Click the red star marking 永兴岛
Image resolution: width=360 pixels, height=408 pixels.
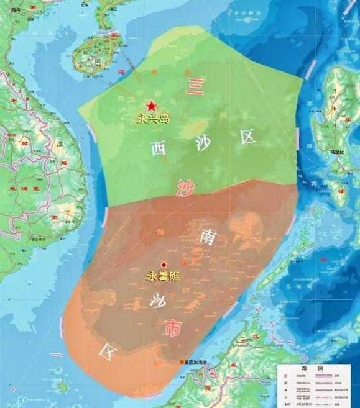(152, 106)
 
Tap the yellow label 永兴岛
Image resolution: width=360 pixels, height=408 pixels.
(153, 118)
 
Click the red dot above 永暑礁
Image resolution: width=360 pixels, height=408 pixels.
(164, 265)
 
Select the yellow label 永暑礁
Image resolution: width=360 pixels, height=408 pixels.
(163, 277)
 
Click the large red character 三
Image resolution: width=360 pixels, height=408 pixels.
(195, 85)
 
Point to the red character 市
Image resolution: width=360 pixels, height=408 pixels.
(172, 330)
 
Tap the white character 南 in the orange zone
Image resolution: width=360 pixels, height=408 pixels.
(208, 237)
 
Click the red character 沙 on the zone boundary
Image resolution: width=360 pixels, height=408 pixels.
(184, 188)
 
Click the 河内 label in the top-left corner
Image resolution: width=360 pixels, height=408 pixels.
(12, 11)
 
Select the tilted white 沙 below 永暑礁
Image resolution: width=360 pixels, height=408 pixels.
(156, 302)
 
